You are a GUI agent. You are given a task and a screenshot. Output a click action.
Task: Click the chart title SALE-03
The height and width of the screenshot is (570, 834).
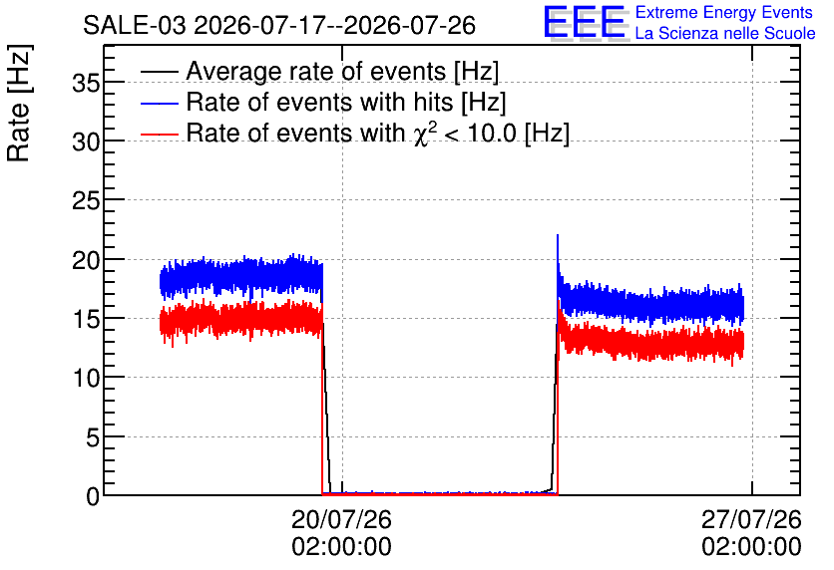point(134,26)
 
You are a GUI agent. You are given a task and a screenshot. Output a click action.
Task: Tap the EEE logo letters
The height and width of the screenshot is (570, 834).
point(585,22)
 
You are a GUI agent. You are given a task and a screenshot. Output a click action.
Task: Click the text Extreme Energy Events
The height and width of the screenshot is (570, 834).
point(724,12)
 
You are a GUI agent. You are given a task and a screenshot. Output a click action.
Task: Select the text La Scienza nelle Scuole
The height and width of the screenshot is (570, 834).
point(725,33)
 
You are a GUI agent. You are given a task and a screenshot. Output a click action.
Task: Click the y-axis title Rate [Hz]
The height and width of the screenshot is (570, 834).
point(19,104)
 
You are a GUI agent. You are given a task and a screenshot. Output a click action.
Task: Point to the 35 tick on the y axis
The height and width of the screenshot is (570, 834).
point(86,83)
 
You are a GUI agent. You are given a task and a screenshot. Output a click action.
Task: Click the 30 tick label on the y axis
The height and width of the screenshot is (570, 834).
point(86,142)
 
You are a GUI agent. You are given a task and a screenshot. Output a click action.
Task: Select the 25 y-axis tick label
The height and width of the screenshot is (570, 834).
point(86,201)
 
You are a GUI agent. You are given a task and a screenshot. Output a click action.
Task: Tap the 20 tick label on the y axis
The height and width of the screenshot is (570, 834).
point(86,260)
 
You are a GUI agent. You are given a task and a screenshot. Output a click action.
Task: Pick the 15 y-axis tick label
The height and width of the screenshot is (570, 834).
point(86,319)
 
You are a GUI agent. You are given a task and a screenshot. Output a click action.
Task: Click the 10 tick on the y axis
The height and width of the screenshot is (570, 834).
point(86,379)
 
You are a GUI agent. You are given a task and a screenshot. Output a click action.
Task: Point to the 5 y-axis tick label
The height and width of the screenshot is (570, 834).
point(93,437)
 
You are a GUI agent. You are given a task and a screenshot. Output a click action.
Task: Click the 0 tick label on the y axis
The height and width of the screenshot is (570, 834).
point(93,496)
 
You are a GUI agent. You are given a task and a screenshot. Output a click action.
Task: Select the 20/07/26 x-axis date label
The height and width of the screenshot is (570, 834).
point(341,519)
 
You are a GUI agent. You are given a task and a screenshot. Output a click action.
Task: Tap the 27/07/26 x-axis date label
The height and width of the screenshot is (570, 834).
point(751,519)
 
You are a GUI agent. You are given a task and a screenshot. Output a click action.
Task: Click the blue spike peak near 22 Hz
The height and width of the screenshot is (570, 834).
point(558,235)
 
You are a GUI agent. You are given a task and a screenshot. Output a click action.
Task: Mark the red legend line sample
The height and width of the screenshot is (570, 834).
point(159,134)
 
